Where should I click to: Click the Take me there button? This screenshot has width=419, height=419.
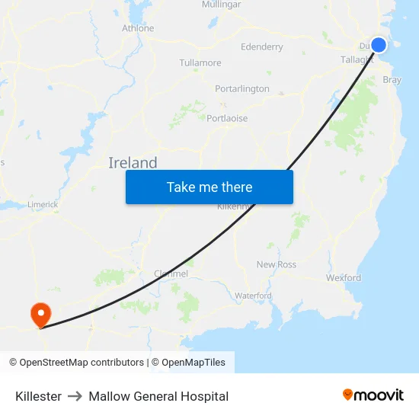[209, 187]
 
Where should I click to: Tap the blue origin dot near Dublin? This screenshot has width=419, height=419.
[378, 45]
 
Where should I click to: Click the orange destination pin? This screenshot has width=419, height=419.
[40, 314]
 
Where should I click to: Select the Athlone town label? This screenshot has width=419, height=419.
[138, 28]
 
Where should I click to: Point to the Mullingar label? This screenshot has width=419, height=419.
[221, 5]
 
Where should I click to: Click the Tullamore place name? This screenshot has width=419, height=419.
[200, 62]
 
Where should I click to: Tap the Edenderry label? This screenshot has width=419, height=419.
[261, 46]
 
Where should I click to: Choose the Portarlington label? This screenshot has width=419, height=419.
[242, 88]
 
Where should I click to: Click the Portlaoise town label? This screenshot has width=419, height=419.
[227, 118]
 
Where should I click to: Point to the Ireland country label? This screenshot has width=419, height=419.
[133, 162]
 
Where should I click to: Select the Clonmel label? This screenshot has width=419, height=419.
[171, 273]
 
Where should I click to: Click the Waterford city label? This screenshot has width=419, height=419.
[253, 295]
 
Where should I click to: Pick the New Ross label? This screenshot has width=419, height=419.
[276, 264]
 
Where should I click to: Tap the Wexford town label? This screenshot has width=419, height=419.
[344, 278]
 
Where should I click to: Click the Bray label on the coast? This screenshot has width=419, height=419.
[392, 79]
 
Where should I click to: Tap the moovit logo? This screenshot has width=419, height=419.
[373, 395]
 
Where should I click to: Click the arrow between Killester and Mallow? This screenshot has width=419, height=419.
[75, 396]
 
